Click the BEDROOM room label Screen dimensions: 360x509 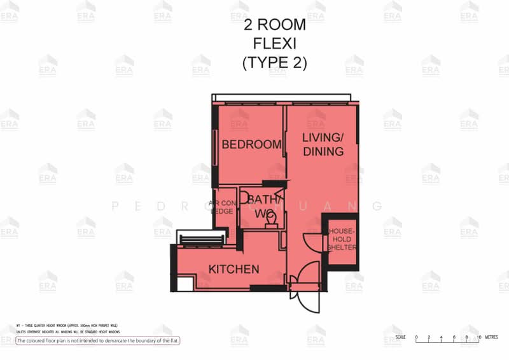pyautogui.click(x=251, y=144)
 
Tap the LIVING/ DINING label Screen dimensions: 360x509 pyautogui.click(x=323, y=145)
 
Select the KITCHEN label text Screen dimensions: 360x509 pyautogui.click(x=234, y=269)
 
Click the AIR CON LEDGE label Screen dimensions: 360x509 pyautogui.click(x=222, y=207)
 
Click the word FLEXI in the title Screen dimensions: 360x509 pyautogui.click(x=275, y=44)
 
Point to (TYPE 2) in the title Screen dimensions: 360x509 pyautogui.click(x=275, y=63)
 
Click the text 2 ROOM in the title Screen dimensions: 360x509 pyautogui.click(x=275, y=25)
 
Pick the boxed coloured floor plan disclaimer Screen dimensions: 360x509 pyautogui.click(x=98, y=341)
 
